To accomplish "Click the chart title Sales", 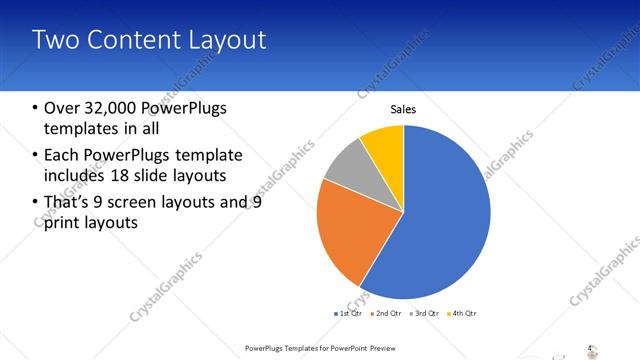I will [x=403, y=110].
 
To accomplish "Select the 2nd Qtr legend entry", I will [x=387, y=314].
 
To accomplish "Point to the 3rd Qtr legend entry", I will [x=424, y=314].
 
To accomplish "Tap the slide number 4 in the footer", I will [x=589, y=348].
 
